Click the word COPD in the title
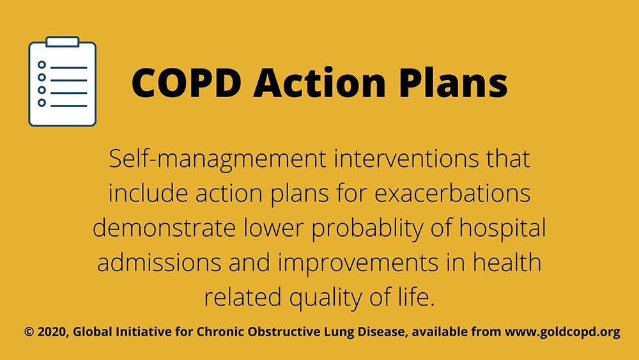[186, 82]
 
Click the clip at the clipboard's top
[63, 42]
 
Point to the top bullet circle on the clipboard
[42, 65]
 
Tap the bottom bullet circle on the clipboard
[42, 103]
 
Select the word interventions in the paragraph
[406, 159]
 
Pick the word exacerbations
[453, 193]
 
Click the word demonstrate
[164, 228]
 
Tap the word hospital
[502, 229]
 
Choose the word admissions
[159, 263]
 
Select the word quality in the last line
[326, 298]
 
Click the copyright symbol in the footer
[29, 332]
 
